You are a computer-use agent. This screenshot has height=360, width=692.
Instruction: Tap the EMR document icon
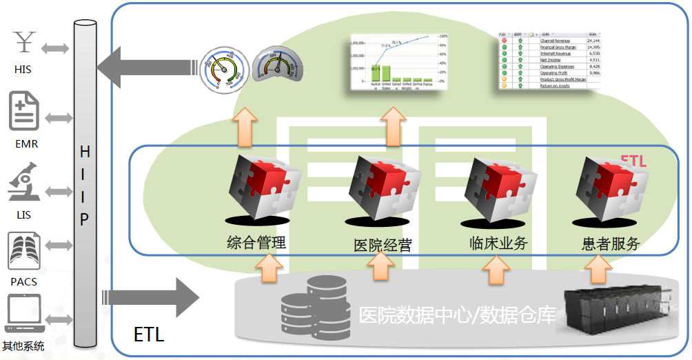tap(25, 112)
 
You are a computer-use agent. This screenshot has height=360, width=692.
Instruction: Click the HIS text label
tap(23, 70)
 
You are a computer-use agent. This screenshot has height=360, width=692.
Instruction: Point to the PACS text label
tap(23, 281)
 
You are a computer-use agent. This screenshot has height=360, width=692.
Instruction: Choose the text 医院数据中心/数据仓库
tap(457, 316)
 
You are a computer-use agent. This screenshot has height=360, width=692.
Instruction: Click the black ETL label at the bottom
tap(149, 335)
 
